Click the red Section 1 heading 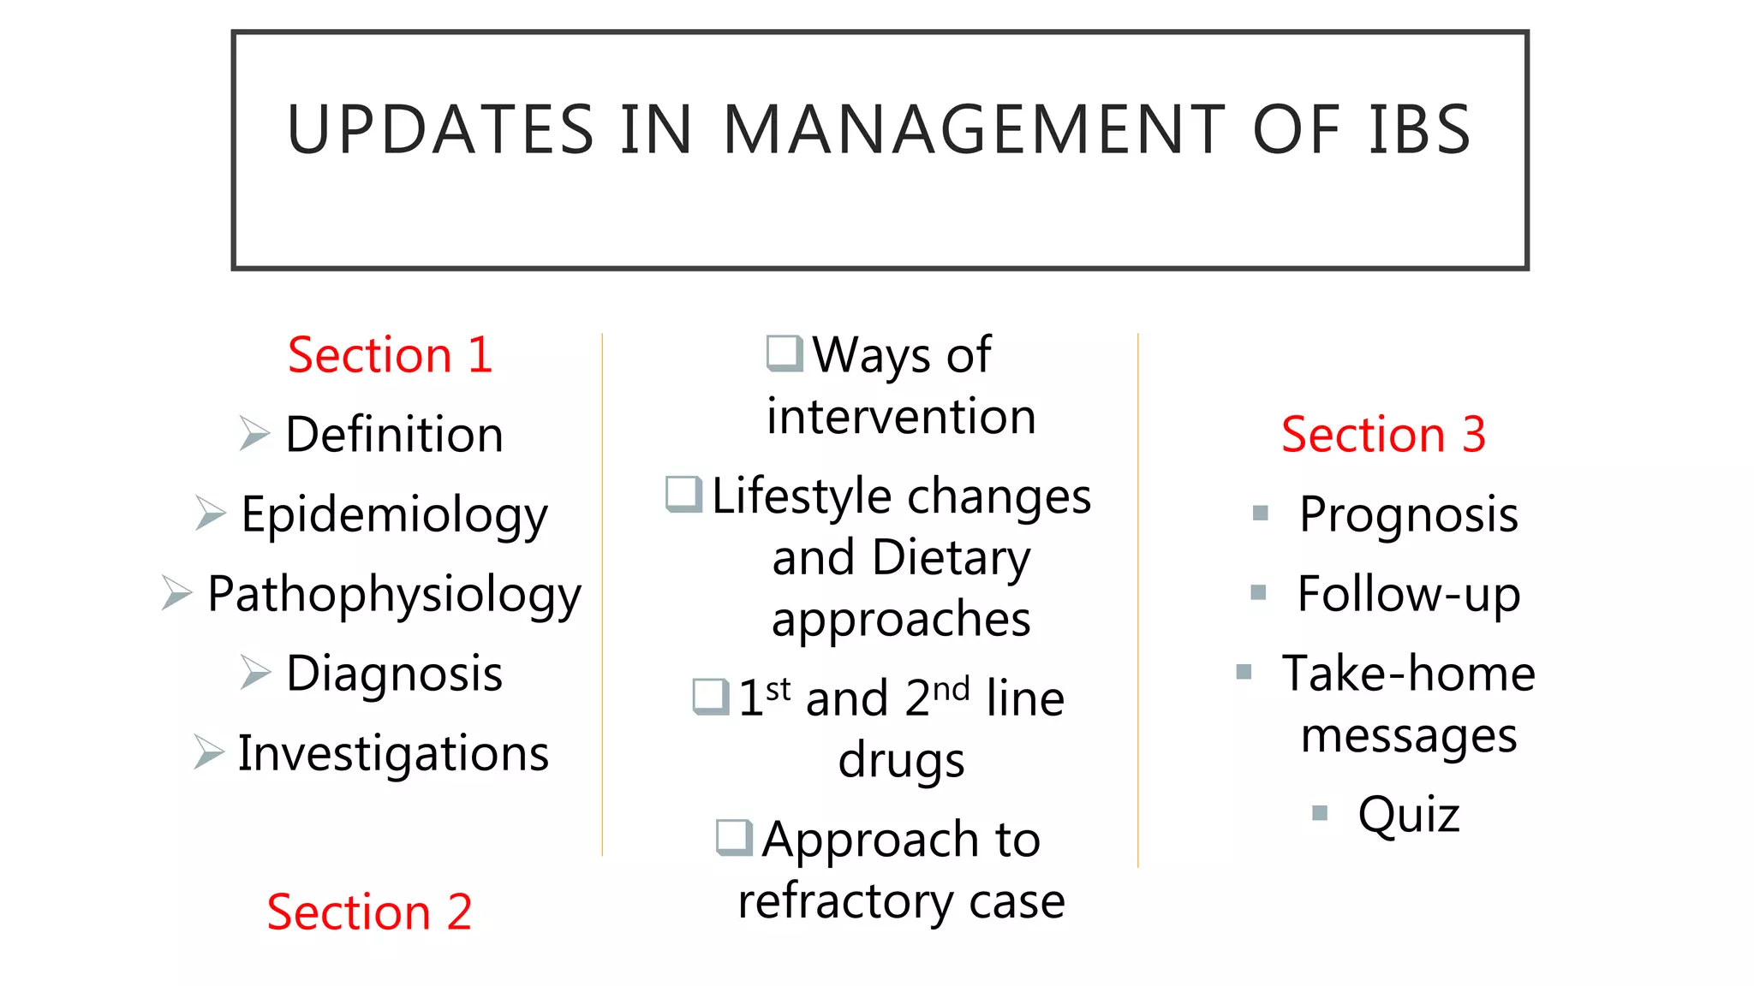[x=390, y=355]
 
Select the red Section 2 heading [x=369, y=912]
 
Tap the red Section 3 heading [x=1383, y=435]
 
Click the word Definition [x=394, y=435]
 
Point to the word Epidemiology [x=394, y=515]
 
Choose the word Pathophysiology [x=394, y=595]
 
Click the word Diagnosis [x=394, y=674]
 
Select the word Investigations [x=393, y=754]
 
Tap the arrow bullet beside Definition [x=254, y=433]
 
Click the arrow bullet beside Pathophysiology [x=176, y=592]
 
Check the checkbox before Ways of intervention [x=785, y=353]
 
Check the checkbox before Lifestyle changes [x=684, y=494]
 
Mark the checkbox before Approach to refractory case [x=735, y=837]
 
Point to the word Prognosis [x=1409, y=515]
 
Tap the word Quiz [x=1409, y=814]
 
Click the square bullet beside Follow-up [x=1258, y=592]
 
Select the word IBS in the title [x=1419, y=130]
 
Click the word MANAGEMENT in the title [x=975, y=130]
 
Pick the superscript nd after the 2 [x=951, y=688]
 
